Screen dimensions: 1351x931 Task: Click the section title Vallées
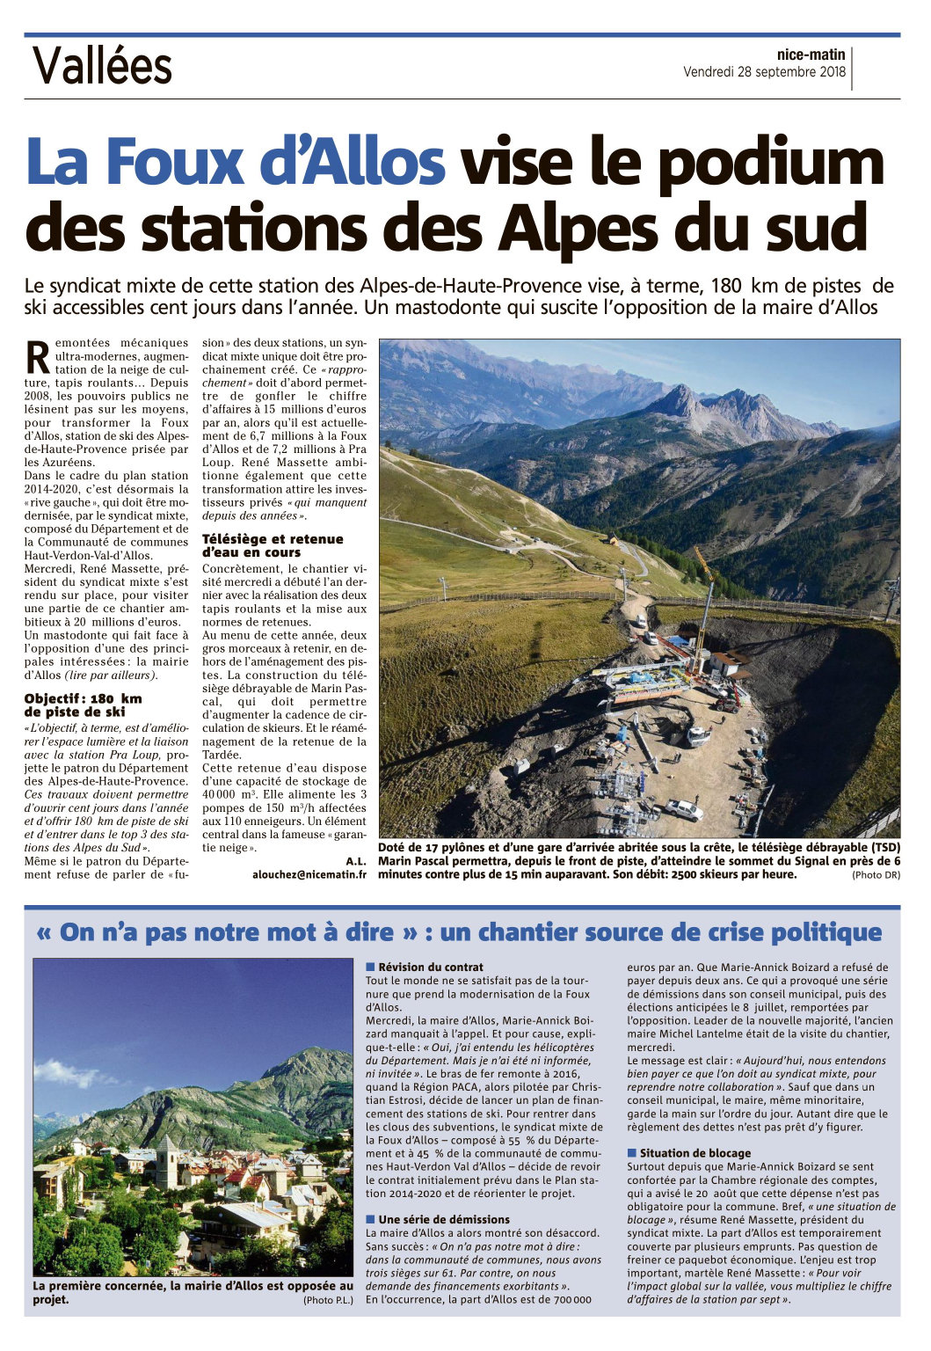click(x=102, y=66)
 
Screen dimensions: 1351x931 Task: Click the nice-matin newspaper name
click(x=811, y=55)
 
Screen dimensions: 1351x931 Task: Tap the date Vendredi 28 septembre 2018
click(x=764, y=72)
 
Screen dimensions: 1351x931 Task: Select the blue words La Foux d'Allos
click(x=236, y=163)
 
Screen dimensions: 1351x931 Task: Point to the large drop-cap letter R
click(x=38, y=356)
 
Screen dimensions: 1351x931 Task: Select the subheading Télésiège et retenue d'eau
click(x=273, y=545)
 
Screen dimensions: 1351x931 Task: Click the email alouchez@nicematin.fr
click(x=309, y=874)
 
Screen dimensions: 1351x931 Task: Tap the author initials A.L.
click(x=355, y=861)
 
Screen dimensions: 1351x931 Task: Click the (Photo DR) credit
click(x=875, y=875)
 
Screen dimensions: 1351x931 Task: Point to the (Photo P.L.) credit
click(x=328, y=1300)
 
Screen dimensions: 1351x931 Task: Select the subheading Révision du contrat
click(x=431, y=967)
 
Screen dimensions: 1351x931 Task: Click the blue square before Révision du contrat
click(x=370, y=967)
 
